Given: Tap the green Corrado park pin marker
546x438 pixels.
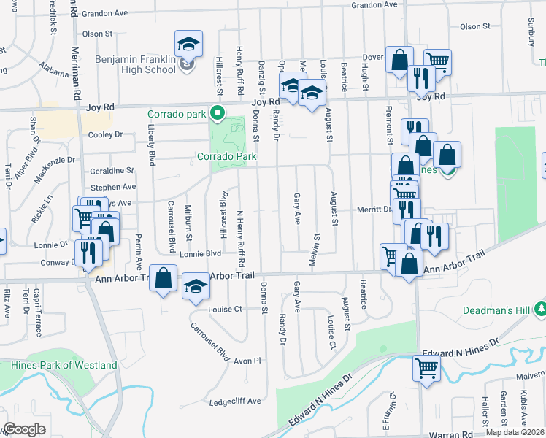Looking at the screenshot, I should pyautogui.click(x=217, y=113).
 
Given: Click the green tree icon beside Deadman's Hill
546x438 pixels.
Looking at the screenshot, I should pyautogui.click(x=539, y=309).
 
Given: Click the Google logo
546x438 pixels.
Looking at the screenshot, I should pyautogui.click(x=24, y=429).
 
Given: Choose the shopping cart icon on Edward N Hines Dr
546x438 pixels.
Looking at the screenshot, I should pyautogui.click(x=426, y=366).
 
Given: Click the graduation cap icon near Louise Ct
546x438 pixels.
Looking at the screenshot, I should pyautogui.click(x=195, y=285).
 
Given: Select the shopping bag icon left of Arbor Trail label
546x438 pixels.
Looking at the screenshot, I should pyautogui.click(x=163, y=277).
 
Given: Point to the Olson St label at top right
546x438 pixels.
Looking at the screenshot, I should pyautogui.click(x=474, y=26).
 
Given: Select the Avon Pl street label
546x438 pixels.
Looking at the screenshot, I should pyautogui.click(x=247, y=361).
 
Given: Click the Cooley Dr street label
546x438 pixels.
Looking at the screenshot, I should pyautogui.click(x=105, y=134).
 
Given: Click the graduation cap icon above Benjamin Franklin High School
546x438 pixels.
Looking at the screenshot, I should pyautogui.click(x=188, y=44).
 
